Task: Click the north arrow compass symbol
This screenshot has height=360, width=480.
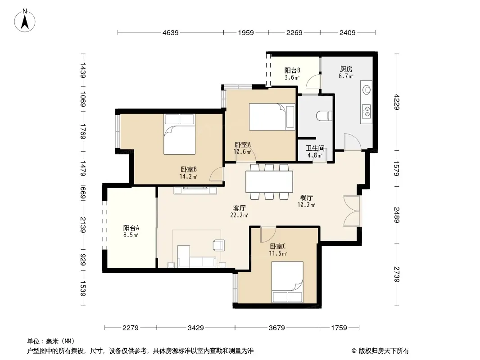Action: [x=25, y=21]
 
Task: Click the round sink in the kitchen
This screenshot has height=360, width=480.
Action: [x=367, y=90]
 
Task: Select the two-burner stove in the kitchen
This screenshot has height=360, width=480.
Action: [x=367, y=111]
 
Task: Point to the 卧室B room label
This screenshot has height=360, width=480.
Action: [x=189, y=169]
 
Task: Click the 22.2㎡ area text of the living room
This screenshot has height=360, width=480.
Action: [x=239, y=216]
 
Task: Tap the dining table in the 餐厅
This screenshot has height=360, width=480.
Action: [x=269, y=182]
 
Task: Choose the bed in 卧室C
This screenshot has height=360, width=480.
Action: [x=287, y=282]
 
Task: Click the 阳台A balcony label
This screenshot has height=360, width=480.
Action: [x=131, y=228]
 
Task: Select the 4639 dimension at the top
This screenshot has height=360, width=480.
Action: [x=171, y=32]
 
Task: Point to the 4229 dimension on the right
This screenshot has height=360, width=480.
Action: [x=397, y=102]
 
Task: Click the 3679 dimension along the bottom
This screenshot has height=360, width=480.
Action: [x=277, y=328]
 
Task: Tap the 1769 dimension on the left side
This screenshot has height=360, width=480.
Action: [x=83, y=131]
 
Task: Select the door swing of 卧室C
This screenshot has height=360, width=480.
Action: [x=268, y=234]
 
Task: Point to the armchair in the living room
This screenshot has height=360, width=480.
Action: [x=219, y=245]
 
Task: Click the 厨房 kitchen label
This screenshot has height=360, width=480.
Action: [x=346, y=69]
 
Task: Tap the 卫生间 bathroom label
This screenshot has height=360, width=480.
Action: [x=315, y=148]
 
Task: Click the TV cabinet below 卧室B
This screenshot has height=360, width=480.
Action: [x=195, y=190]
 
